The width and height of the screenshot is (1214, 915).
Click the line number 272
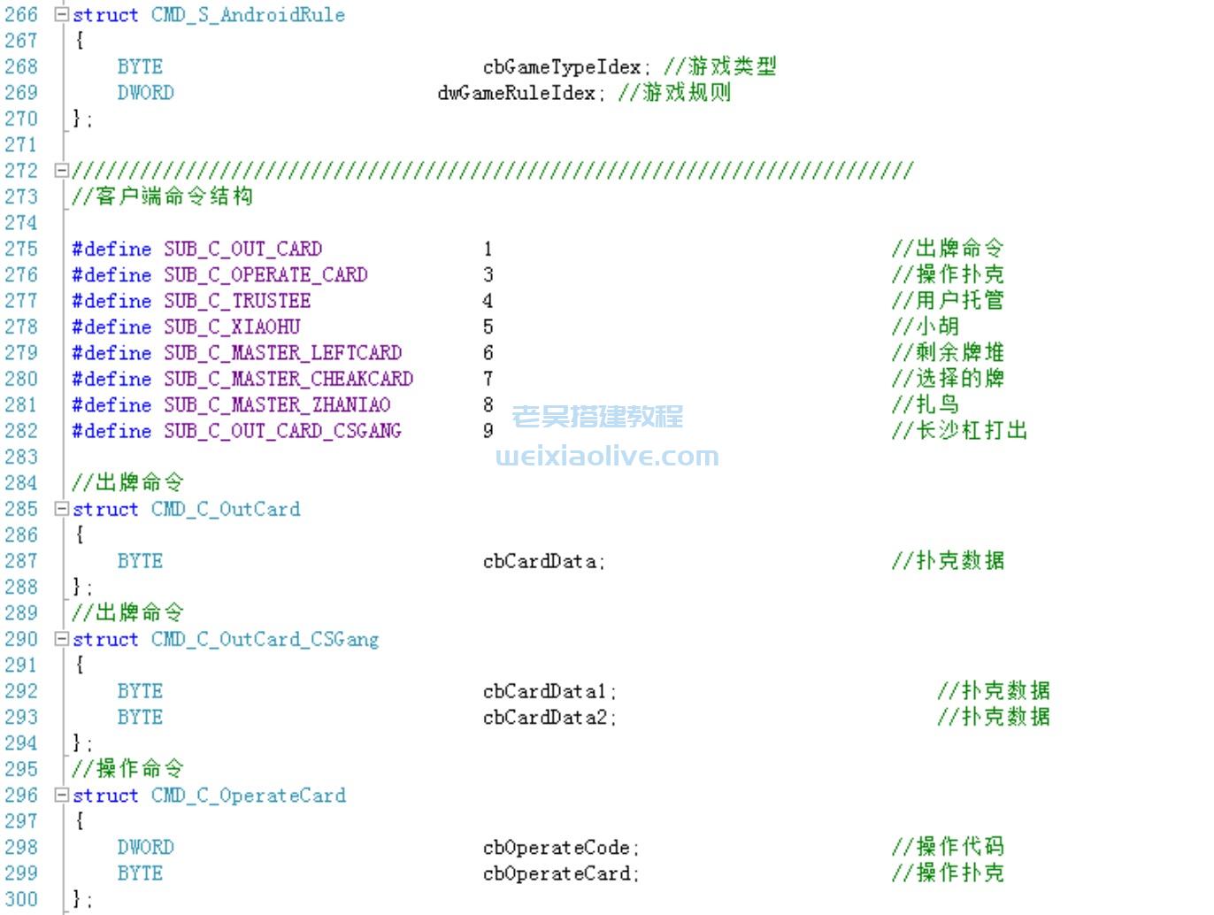tap(21, 170)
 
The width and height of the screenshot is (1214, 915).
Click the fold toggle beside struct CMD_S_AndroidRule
tap(61, 15)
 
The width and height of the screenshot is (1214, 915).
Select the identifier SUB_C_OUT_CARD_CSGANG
tap(282, 431)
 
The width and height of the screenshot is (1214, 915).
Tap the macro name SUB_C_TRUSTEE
tap(237, 301)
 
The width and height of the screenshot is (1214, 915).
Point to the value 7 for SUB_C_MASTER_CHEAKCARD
tap(488, 379)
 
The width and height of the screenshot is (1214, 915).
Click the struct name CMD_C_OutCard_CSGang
tap(265, 639)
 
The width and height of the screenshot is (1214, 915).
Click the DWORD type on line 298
tap(146, 847)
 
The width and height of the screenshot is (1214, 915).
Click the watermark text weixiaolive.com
tap(607, 457)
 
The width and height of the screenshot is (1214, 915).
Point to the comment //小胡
tap(926, 327)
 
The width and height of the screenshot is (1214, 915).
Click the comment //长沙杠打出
tap(960, 431)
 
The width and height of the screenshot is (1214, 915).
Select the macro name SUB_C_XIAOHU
tap(232, 327)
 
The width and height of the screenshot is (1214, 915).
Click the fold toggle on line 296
tap(61, 795)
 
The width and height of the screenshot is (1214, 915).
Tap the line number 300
tap(21, 899)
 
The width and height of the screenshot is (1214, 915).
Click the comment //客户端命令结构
tap(163, 196)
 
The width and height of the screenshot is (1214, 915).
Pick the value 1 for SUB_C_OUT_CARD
tap(488, 249)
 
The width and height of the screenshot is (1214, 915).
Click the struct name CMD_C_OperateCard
tap(248, 795)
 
